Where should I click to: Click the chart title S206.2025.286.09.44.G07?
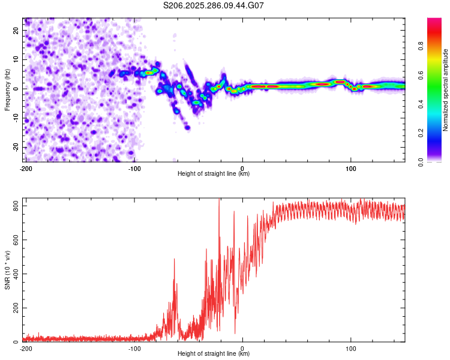pyautogui.click(x=214, y=5)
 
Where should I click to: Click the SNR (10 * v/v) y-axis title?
pyautogui.click(x=7, y=270)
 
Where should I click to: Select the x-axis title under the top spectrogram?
pyautogui.click(x=214, y=173)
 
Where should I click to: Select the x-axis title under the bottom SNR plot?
pyautogui.click(x=214, y=353)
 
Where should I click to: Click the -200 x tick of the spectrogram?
pyautogui.click(x=25, y=169)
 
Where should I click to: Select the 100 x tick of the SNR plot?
pyautogui.click(x=351, y=349)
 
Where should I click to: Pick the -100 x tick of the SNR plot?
pyautogui.click(x=134, y=349)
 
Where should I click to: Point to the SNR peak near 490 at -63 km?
pyautogui.click(x=174, y=259)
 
